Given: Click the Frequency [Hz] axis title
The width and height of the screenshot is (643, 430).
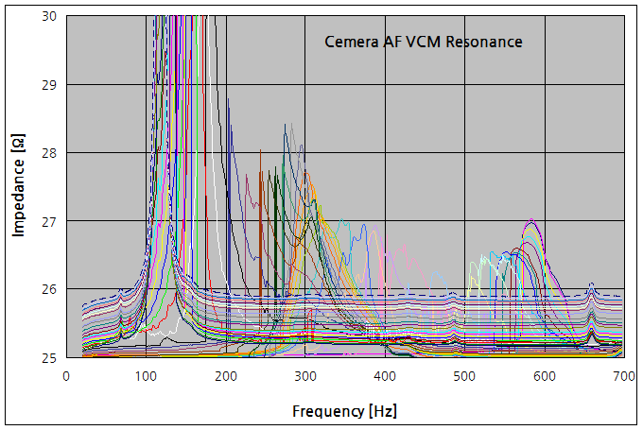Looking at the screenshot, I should tap(344, 412).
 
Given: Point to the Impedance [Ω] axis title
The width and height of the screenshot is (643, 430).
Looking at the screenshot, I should tap(18, 187).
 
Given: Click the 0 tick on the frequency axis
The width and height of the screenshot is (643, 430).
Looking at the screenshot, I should tap(66, 375).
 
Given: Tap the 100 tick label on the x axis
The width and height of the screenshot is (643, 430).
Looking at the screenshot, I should tap(146, 375).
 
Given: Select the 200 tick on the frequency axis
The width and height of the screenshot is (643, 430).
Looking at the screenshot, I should tap(225, 375).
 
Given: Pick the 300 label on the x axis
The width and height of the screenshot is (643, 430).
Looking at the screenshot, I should tap(304, 375).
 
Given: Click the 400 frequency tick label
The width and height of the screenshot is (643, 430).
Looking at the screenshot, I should tap(384, 375).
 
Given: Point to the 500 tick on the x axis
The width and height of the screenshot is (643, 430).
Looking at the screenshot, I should tap(463, 375).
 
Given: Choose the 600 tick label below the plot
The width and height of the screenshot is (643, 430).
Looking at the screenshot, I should tap(543, 375).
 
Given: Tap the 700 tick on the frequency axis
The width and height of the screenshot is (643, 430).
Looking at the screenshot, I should tap(622, 375).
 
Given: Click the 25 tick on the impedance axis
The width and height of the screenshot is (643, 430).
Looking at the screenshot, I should tap(48, 357).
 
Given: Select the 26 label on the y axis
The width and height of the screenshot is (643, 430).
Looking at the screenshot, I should tap(48, 289).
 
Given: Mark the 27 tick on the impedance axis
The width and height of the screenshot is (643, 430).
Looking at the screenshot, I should tap(48, 221).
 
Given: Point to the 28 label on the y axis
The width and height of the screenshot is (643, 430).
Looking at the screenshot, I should tap(48, 153).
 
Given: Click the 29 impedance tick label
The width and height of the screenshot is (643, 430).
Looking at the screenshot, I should tap(48, 85).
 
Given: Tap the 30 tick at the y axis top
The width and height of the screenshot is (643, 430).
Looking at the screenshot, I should tap(48, 17).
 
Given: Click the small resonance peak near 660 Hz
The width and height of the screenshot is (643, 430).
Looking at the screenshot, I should tap(591, 285).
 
